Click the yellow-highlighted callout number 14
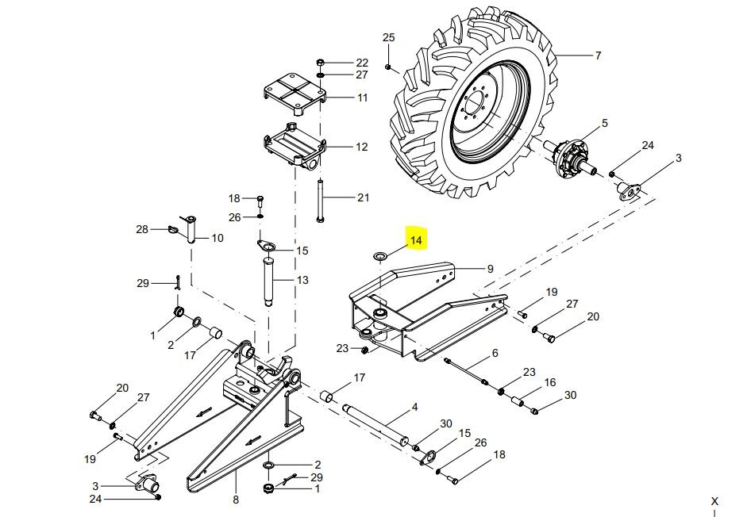(416, 240)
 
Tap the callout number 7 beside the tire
(598, 56)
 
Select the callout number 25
(388, 37)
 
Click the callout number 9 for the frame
(490, 269)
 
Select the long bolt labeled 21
(320, 201)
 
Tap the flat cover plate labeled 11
(295, 94)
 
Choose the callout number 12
(362, 147)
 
